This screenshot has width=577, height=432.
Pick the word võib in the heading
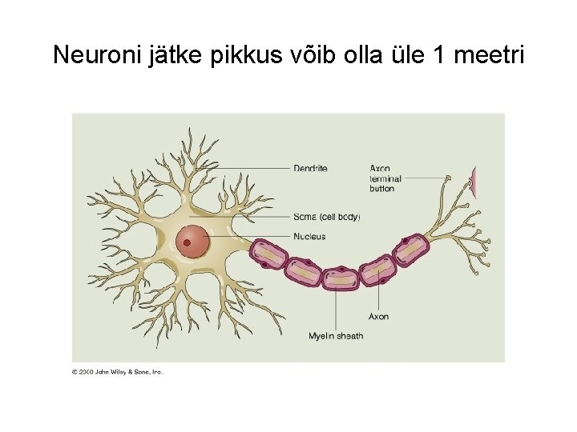point(309,55)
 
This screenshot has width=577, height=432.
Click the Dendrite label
point(310,169)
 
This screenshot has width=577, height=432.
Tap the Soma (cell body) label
point(327,217)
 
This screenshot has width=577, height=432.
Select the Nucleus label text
point(309,237)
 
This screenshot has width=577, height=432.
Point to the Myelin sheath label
point(336,336)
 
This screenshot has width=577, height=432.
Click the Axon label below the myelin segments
point(379,317)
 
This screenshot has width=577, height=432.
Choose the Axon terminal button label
point(385,178)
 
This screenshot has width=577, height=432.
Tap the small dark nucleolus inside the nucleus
point(187,242)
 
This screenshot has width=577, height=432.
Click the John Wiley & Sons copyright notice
point(118,372)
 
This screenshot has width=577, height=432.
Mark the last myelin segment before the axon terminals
point(412,252)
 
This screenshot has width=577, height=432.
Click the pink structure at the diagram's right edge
point(473,182)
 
